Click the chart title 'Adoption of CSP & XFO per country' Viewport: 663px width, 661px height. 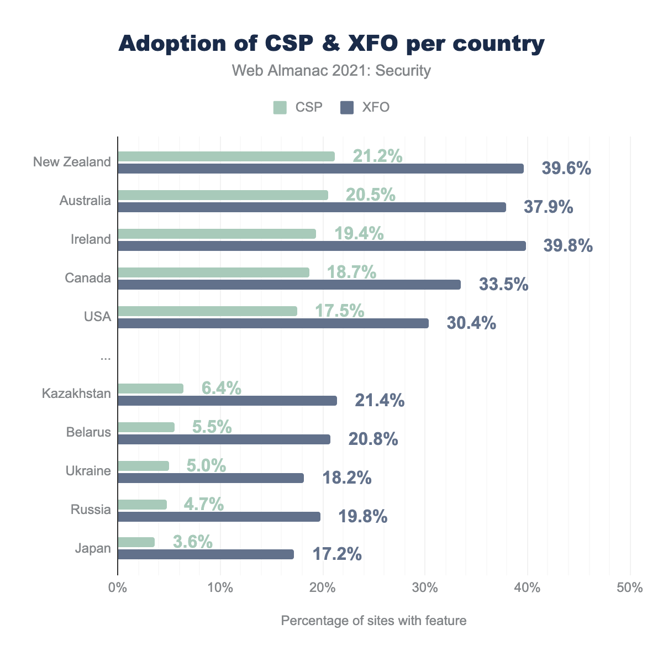click(331, 44)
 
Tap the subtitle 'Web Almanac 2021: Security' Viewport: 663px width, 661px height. click(331, 71)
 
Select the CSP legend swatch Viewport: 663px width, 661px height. click(280, 107)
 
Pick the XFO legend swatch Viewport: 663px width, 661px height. click(347, 107)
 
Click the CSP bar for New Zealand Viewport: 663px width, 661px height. click(226, 156)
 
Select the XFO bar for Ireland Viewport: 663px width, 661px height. click(322, 246)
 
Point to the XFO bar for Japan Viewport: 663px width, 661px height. click(206, 554)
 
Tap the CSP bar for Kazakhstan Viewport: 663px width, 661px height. click(150, 389)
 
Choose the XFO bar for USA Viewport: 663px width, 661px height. click(273, 323)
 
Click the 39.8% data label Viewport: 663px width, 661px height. click(568, 246)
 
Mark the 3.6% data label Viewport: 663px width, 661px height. click(193, 542)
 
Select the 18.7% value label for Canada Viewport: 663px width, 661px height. click(351, 272)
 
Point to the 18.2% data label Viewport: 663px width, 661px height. click(346, 478)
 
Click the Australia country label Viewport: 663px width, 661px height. click(85, 201)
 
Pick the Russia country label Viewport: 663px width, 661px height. click(91, 510)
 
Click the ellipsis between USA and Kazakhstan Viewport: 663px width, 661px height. click(106, 358)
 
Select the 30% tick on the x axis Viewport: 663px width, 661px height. click(425, 587)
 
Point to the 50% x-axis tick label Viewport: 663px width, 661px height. click(630, 587)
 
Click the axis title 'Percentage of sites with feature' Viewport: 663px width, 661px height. click(373, 621)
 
